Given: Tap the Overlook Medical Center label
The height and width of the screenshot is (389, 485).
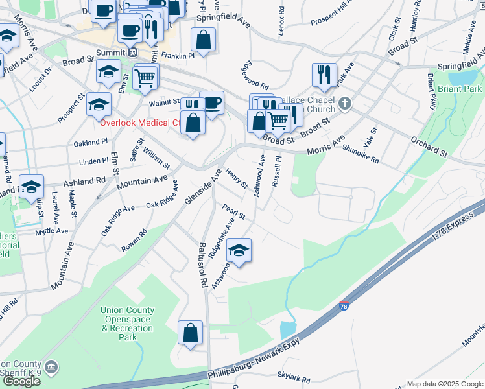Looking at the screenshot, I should coord(139,122).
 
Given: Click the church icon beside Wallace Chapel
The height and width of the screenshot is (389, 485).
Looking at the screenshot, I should coord(345,102).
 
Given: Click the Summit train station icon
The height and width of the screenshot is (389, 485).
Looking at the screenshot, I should coord(133,51).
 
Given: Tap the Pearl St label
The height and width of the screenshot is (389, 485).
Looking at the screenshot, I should coord(233,211).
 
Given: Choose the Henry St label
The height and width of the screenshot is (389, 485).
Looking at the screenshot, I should coord(236,179).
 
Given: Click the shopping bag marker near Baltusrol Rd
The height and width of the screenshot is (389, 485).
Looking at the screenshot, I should coord(191,334).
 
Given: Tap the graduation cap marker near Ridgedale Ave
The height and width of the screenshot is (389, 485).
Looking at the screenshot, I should coord(239,252).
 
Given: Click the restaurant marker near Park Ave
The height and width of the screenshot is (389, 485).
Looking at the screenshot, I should coord(324,75).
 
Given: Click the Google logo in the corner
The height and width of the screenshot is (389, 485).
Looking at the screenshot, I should coord(21,381).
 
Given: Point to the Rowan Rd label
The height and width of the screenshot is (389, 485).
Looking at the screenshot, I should coord(134,239).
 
